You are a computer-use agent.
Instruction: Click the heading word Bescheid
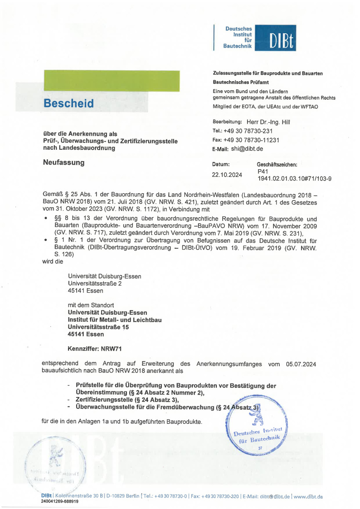pyautogui.click(x=69, y=103)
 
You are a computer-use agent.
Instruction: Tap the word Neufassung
pyautogui.click(x=63, y=162)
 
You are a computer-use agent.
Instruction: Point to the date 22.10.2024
pyautogui.click(x=227, y=175)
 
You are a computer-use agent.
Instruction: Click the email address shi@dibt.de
pyautogui.click(x=247, y=149)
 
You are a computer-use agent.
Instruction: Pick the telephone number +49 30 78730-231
pyautogui.click(x=248, y=131)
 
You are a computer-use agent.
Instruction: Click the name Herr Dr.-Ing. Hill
pyautogui.click(x=268, y=122)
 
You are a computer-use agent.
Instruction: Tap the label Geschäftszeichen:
pyautogui.click(x=277, y=164)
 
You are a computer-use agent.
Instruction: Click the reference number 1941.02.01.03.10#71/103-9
pyautogui.click(x=294, y=179)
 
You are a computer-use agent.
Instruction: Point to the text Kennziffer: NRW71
pyautogui.click(x=94, y=349)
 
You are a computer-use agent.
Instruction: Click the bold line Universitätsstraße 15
pyautogui.click(x=98, y=327)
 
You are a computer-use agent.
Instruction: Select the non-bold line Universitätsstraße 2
pyautogui.click(x=95, y=284)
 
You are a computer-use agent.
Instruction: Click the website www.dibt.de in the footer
pyautogui.click(x=308, y=497)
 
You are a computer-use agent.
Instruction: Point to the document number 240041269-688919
pyautogui.click(x=59, y=502)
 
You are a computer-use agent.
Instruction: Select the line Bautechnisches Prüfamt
pyautogui.click(x=241, y=83)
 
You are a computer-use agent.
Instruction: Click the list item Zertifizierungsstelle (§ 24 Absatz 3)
pyautogui.click(x=127, y=400)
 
